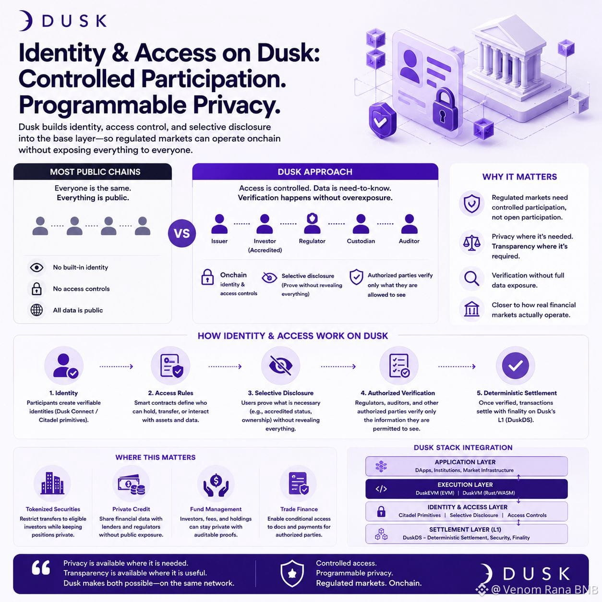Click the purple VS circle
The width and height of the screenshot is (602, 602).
tap(182, 233)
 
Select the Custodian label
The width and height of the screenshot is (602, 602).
tap(361, 241)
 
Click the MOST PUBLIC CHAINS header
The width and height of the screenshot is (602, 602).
tap(95, 172)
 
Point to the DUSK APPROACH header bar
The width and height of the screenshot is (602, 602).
tap(315, 171)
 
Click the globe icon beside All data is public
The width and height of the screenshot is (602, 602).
tap(36, 310)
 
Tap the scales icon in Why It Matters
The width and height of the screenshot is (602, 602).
tap(472, 243)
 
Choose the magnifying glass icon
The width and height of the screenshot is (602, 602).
tap(472, 278)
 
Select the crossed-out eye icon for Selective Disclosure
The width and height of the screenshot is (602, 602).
tap(280, 365)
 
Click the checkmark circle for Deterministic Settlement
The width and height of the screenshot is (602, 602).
tap(516, 365)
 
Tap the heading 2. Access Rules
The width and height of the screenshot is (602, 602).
tap(170, 393)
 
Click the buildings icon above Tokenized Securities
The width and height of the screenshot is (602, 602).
tap(52, 483)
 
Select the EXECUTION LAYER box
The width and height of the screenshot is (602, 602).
tap(467, 489)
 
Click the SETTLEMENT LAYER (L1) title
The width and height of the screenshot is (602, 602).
tap(465, 530)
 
